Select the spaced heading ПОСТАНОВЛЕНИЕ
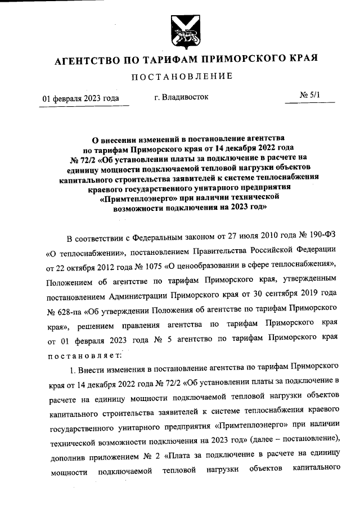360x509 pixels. [x=180, y=76]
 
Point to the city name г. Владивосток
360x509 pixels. [x=181, y=97]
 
